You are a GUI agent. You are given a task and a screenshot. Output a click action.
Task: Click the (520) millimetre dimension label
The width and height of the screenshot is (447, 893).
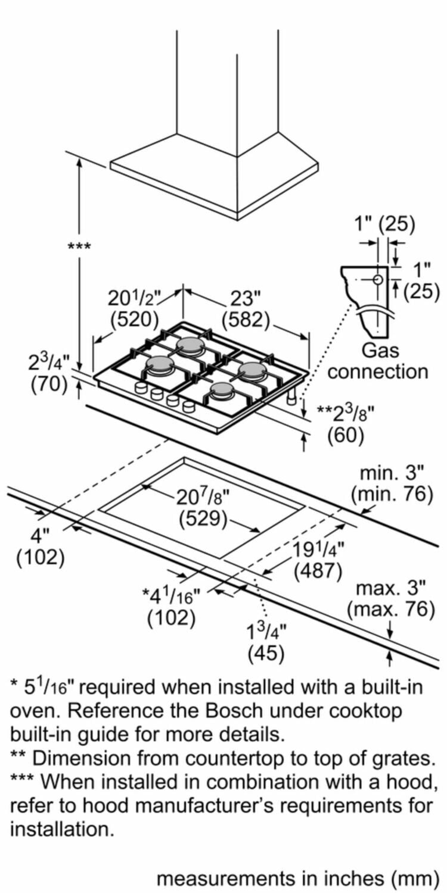click(135, 319)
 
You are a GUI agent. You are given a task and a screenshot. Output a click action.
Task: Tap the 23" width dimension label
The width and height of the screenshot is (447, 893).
click(246, 297)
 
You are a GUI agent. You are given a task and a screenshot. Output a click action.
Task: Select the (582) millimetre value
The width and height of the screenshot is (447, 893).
click(246, 320)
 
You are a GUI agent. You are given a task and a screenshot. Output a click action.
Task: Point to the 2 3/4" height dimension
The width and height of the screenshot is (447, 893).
click(49, 362)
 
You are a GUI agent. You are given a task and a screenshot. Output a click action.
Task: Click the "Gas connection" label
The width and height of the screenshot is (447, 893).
click(378, 361)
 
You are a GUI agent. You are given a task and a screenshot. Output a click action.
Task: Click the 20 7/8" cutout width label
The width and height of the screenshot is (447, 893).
click(203, 496)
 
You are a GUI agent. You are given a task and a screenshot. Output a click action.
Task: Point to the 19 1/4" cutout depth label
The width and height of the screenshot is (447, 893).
click(318, 549)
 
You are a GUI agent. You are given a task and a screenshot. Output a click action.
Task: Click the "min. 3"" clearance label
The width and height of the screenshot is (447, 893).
click(392, 474)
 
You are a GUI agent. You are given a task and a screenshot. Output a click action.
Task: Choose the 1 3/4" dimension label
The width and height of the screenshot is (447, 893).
click(266, 630)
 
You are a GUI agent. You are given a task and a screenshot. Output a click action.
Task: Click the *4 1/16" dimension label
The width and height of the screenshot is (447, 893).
click(171, 595)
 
